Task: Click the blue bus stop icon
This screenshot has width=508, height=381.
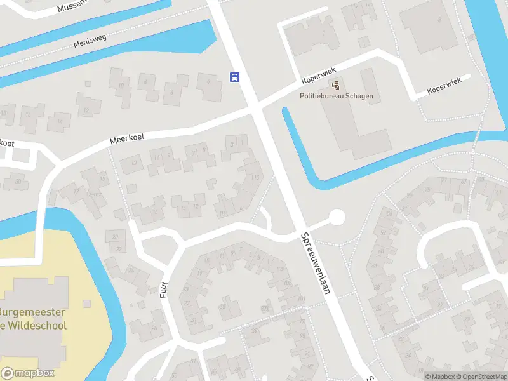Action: [x=235, y=77]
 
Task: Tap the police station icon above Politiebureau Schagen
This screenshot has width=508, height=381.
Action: [x=336, y=84]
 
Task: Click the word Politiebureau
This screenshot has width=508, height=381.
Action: [x=323, y=97]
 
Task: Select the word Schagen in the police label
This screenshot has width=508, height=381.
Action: [x=360, y=97]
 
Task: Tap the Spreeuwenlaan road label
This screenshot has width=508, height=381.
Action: [x=318, y=262]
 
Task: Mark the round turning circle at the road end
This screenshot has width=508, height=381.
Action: [x=337, y=218]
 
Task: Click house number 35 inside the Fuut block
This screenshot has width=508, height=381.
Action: [x=222, y=307]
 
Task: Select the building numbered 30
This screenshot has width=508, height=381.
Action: [x=18, y=181]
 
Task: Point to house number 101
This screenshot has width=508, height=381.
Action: [x=301, y=298]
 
